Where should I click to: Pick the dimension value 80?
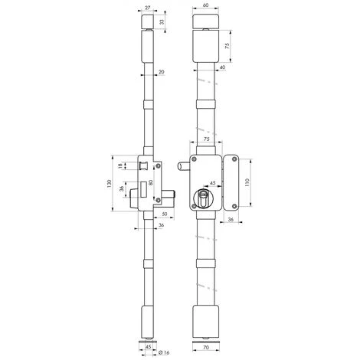tap(152, 183)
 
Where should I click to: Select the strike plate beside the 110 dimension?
tap(234, 183)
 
